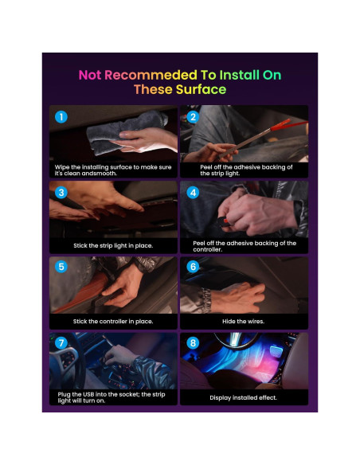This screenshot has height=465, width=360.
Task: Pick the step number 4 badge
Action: (192, 193)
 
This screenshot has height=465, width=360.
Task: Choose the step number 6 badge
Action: (192, 268)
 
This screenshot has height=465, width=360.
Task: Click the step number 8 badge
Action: (192, 342)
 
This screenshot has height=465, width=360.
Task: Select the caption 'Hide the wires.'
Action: (243, 321)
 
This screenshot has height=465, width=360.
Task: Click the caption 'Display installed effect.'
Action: (243, 397)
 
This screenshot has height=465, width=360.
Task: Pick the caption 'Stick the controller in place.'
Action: (112, 321)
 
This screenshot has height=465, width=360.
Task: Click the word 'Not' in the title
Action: (91, 76)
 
